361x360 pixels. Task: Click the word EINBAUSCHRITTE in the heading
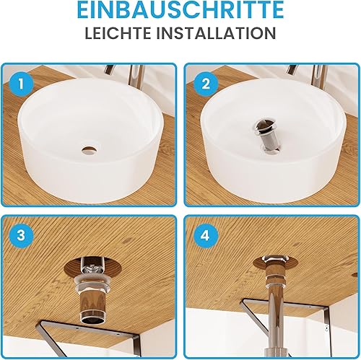coord(180,10)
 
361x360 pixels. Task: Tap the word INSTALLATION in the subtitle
coord(217,33)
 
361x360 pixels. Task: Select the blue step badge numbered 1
coord(21,84)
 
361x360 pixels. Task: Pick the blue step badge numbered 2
coord(206,84)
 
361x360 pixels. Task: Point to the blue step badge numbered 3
coord(21,236)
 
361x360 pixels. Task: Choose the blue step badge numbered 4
coord(206,236)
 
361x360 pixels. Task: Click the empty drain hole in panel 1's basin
coord(90,150)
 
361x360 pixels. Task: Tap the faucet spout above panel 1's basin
coord(110,70)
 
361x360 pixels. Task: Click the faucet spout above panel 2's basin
coord(292,70)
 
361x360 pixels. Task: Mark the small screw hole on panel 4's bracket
coord(326,327)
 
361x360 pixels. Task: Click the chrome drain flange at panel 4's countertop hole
coord(276,259)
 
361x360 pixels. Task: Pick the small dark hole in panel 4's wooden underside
coord(355,274)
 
